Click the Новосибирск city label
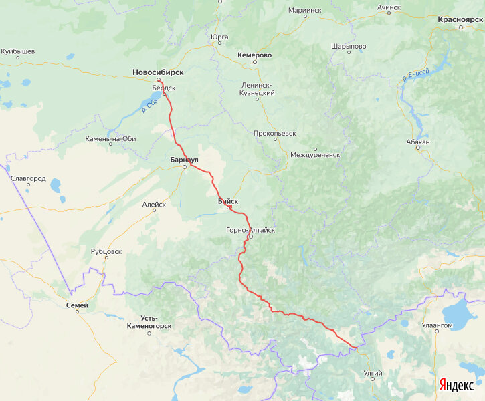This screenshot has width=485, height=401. (158, 72)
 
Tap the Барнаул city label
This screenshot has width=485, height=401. (184, 160)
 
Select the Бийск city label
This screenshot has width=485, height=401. (227, 200)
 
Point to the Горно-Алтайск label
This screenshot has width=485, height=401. (251, 230)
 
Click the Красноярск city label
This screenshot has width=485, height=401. (460, 19)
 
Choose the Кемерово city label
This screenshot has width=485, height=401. (254, 55)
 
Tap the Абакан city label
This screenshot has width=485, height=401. (417, 142)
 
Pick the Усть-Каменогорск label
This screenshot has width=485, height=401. (149, 322)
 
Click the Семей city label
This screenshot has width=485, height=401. (77, 305)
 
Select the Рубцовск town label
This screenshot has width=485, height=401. (106, 251)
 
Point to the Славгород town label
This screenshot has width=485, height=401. (28, 178)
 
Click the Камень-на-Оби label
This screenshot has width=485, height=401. (110, 139)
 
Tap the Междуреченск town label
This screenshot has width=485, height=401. (315, 154)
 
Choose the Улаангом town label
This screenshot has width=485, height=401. (437, 325)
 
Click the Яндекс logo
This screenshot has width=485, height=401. (456, 385)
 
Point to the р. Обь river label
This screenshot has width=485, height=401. (149, 105)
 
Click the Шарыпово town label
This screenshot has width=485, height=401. (349, 46)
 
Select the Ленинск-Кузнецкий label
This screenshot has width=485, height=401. (258, 89)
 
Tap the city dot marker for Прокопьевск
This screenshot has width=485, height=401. (274, 141)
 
